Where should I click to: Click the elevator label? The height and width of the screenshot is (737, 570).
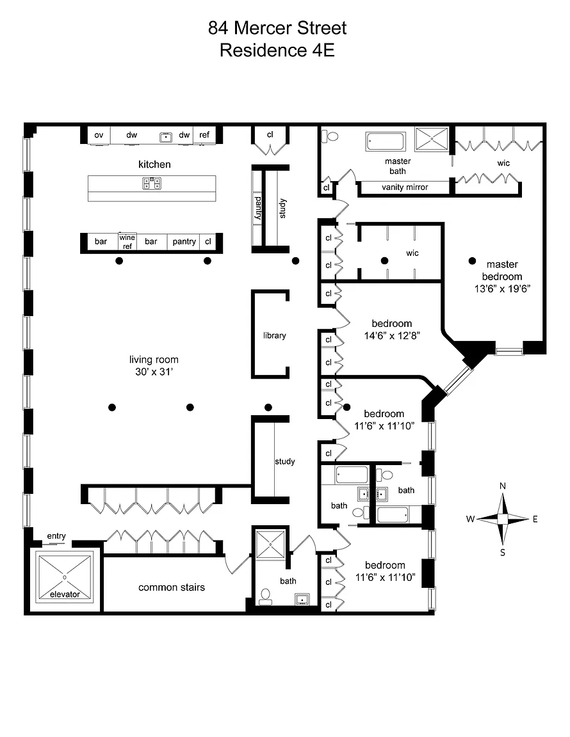(65, 594)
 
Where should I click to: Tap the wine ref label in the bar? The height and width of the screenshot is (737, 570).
(127, 242)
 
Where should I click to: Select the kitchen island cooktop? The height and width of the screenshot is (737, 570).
(152, 184)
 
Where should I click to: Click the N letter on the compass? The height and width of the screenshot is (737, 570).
(503, 486)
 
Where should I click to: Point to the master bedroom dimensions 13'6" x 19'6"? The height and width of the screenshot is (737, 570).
(502, 289)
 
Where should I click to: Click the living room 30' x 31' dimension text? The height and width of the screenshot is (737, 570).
(154, 371)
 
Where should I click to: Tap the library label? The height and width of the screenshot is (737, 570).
(274, 335)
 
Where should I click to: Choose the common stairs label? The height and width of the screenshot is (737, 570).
(172, 587)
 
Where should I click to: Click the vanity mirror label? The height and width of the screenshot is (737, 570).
(405, 187)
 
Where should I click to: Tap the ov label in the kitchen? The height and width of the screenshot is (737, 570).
(99, 135)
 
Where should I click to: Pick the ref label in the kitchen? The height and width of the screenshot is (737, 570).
(204, 134)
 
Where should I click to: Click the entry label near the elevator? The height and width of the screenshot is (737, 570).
(56, 536)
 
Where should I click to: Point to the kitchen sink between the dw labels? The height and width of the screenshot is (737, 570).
(166, 137)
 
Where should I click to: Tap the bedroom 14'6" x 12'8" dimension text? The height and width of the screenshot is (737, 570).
(392, 336)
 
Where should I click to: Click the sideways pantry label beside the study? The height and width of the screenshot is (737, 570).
(258, 208)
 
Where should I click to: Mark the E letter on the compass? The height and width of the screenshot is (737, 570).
(535, 519)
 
